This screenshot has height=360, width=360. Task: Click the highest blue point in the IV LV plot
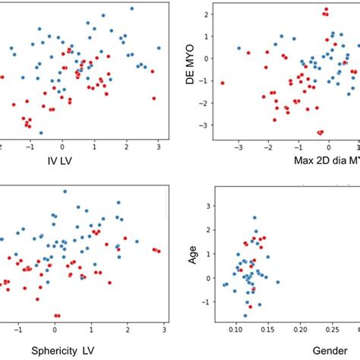pyautogui.click(x=131, y=8)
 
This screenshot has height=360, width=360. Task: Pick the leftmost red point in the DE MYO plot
pyautogui.click(x=223, y=83)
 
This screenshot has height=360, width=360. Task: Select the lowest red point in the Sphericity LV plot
pyautogui.click(x=57, y=315)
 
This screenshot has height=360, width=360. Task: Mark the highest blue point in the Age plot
pyautogui.click(x=254, y=218)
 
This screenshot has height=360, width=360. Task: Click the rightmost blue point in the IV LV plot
pyautogui.click(x=159, y=48)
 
